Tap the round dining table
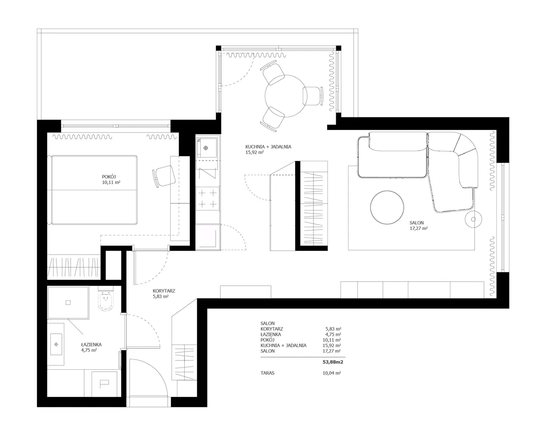[286, 96]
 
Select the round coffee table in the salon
[387, 208]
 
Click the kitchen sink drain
[206, 148]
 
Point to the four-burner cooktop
[207, 199]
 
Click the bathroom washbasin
[56, 344]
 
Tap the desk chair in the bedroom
[164, 176]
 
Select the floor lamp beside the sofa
[473, 219]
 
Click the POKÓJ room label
[109, 177]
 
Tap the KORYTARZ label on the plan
[164, 291]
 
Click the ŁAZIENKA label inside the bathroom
[91, 344]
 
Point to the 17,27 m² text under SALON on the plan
[419, 229]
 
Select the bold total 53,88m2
[333, 362]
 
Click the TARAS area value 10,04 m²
[332, 373]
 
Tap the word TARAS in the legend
[268, 373]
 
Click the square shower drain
[68, 302]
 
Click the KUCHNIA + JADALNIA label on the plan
[268, 147]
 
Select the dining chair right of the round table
[313, 96]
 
